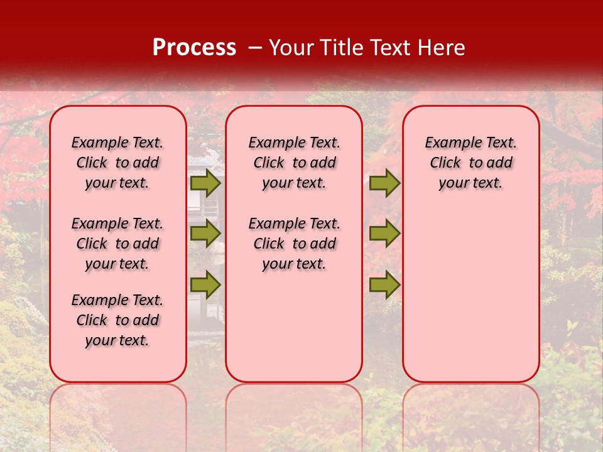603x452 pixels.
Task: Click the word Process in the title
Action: [194, 48]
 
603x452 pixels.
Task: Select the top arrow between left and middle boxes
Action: [205, 183]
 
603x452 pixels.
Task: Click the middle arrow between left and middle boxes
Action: [205, 234]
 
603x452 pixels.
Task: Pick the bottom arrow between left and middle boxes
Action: [205, 284]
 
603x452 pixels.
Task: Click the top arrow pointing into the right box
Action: [384, 183]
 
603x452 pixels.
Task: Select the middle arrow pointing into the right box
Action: [384, 234]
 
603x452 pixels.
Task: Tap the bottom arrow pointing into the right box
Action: [384, 284]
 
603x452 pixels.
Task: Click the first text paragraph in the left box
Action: [117, 163]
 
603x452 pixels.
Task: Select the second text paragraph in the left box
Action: [117, 244]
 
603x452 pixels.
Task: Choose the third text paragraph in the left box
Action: [117, 320]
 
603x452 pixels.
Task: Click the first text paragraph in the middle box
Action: [294, 163]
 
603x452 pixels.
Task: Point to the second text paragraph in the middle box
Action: [294, 244]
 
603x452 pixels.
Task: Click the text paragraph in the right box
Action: [470, 163]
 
